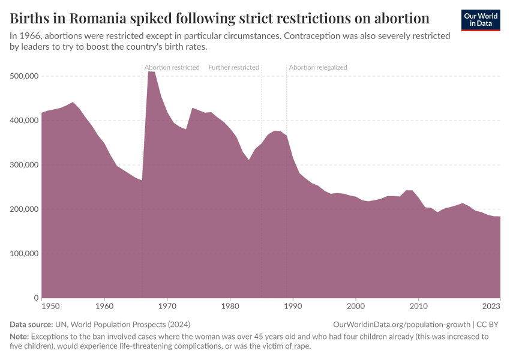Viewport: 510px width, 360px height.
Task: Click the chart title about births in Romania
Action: click(220, 17)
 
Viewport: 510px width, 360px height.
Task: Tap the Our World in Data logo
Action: click(480, 20)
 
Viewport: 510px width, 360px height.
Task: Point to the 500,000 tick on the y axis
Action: click(25, 76)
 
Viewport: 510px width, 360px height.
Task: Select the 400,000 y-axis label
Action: click(25, 121)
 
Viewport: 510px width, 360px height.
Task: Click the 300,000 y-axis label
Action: click(25, 165)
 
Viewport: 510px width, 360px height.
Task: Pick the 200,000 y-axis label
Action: click(25, 209)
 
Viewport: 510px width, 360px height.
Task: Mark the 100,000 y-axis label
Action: click(25, 254)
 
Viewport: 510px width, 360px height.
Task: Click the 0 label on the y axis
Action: click(36, 298)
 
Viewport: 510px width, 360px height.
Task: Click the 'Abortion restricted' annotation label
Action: click(172, 67)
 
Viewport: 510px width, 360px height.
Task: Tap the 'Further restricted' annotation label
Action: click(233, 67)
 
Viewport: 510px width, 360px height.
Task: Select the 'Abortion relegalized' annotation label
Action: click(318, 67)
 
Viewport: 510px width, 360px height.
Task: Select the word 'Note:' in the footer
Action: click(19, 337)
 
